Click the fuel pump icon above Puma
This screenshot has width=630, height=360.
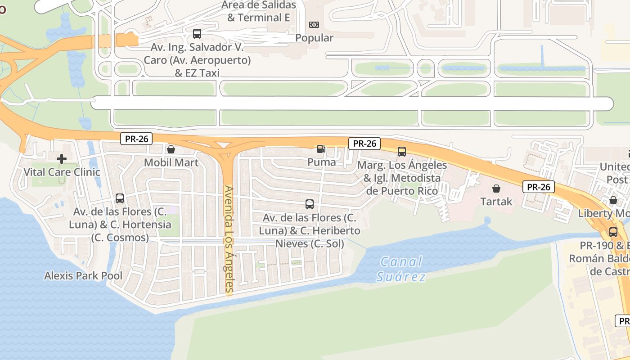coord(321,149)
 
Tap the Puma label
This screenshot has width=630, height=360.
coord(321,162)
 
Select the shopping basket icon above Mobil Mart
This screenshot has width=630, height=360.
coord(171,149)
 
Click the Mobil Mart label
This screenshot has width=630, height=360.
coord(171,162)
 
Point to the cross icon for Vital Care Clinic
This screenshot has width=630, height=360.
coord(62,159)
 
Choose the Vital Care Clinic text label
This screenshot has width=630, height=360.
coord(62,172)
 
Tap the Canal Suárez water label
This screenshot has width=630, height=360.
coord(401,269)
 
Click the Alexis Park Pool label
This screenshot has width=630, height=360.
coord(83,275)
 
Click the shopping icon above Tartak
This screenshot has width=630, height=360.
coord(496,188)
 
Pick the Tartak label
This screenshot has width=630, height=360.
coord(496,201)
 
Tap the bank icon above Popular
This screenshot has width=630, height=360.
coord(314,25)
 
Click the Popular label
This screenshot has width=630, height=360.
coord(314,38)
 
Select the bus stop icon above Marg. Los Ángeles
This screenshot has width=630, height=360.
coord(402,152)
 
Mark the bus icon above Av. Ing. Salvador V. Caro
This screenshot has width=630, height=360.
coord(197,33)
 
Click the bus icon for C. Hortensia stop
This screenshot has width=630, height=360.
coord(120,198)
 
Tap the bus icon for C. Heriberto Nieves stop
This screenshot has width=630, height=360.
coord(310,204)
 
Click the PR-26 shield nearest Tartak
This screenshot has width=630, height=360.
coord(538,187)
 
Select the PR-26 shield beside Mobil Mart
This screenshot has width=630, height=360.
coord(136,139)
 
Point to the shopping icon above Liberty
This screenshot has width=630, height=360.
coord(613,200)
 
